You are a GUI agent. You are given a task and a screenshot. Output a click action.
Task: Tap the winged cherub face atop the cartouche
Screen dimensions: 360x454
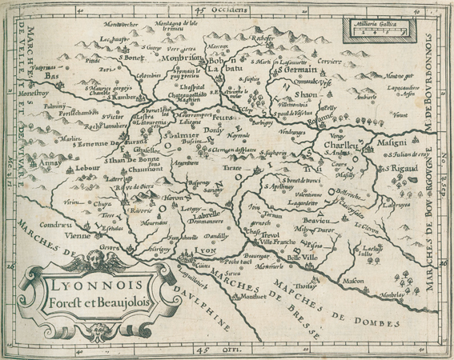[95, 261]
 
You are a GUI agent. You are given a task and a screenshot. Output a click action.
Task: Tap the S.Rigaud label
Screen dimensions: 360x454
[420, 169]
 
